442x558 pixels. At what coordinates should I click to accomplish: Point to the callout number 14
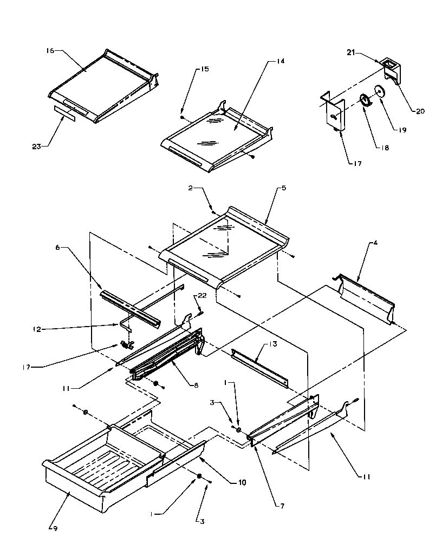tap(280, 62)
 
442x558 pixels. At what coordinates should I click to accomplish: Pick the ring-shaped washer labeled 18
tap(366, 100)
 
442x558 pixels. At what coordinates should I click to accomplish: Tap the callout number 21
tap(351, 52)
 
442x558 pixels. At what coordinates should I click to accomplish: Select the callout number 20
tap(420, 111)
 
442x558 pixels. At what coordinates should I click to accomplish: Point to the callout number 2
tap(191, 189)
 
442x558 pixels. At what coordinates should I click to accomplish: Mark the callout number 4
tap(375, 243)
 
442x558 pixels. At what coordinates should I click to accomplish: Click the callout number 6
tap(58, 247)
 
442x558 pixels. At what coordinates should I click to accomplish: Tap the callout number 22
tap(203, 295)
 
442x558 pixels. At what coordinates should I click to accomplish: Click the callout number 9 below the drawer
tap(54, 528)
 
